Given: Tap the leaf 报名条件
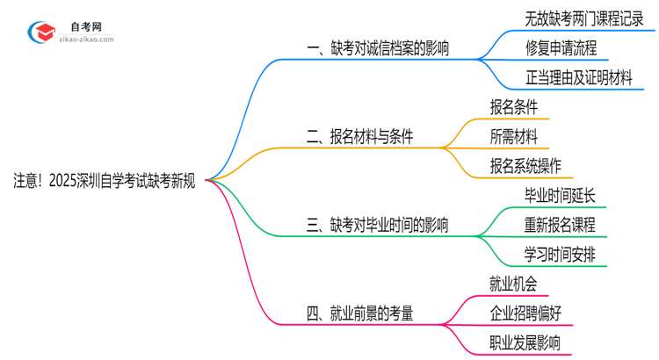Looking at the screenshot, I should pyautogui.click(x=514, y=107).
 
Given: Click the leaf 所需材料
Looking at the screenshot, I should pyautogui.click(x=514, y=136).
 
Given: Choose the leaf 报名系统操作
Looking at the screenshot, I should pyautogui.click(x=525, y=165).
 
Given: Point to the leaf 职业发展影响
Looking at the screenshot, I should pyautogui.click(x=525, y=342).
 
